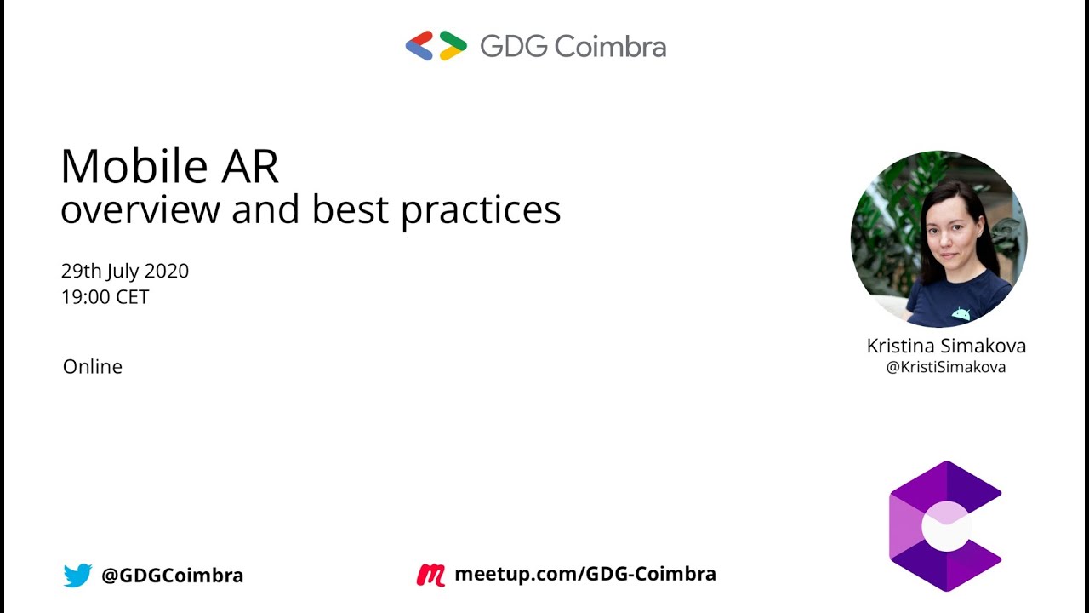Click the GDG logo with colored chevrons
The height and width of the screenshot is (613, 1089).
[436, 46]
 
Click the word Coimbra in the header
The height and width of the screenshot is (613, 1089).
[610, 47]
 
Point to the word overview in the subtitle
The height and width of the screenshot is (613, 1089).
[140, 209]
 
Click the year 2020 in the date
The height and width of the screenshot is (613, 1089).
[166, 271]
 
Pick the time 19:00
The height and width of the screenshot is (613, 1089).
[82, 297]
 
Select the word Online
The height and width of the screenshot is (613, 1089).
[93, 366]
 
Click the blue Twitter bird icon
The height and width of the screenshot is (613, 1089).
[77, 576]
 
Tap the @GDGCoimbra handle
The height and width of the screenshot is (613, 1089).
[172, 576]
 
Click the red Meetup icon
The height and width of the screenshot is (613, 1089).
[430, 575]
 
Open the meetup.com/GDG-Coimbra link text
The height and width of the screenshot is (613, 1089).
[584, 574]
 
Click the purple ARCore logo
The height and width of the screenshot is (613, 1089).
[945, 526]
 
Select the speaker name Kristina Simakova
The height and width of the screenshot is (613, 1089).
[946, 346]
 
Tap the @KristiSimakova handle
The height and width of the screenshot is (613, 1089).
[946, 367]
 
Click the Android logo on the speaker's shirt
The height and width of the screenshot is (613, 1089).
[961, 313]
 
